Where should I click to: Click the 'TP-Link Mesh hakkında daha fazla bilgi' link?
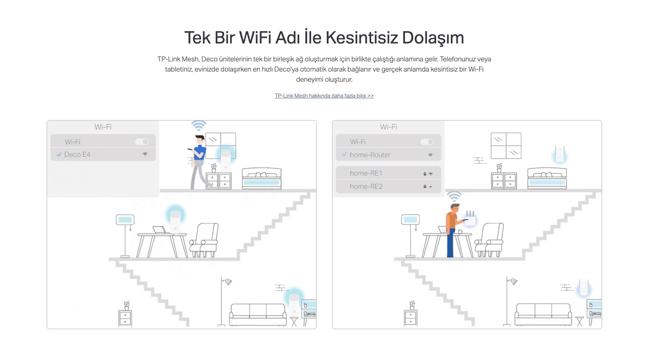324,96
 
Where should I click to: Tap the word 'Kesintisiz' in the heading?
362,38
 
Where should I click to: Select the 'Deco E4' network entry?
103,154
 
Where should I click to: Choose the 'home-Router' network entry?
389,155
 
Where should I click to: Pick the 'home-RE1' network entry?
389,173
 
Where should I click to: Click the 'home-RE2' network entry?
389,187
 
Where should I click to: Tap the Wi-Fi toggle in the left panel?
142,142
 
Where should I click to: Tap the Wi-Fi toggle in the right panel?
427,142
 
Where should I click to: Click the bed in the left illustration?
262,179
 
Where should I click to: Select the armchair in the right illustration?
489,240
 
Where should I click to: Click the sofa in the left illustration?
258,315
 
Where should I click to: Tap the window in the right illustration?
506,145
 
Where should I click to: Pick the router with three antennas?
471,219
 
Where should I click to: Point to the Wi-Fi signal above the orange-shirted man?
454,196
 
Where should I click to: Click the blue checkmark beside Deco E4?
59,155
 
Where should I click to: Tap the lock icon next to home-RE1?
425,174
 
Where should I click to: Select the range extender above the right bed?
559,155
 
